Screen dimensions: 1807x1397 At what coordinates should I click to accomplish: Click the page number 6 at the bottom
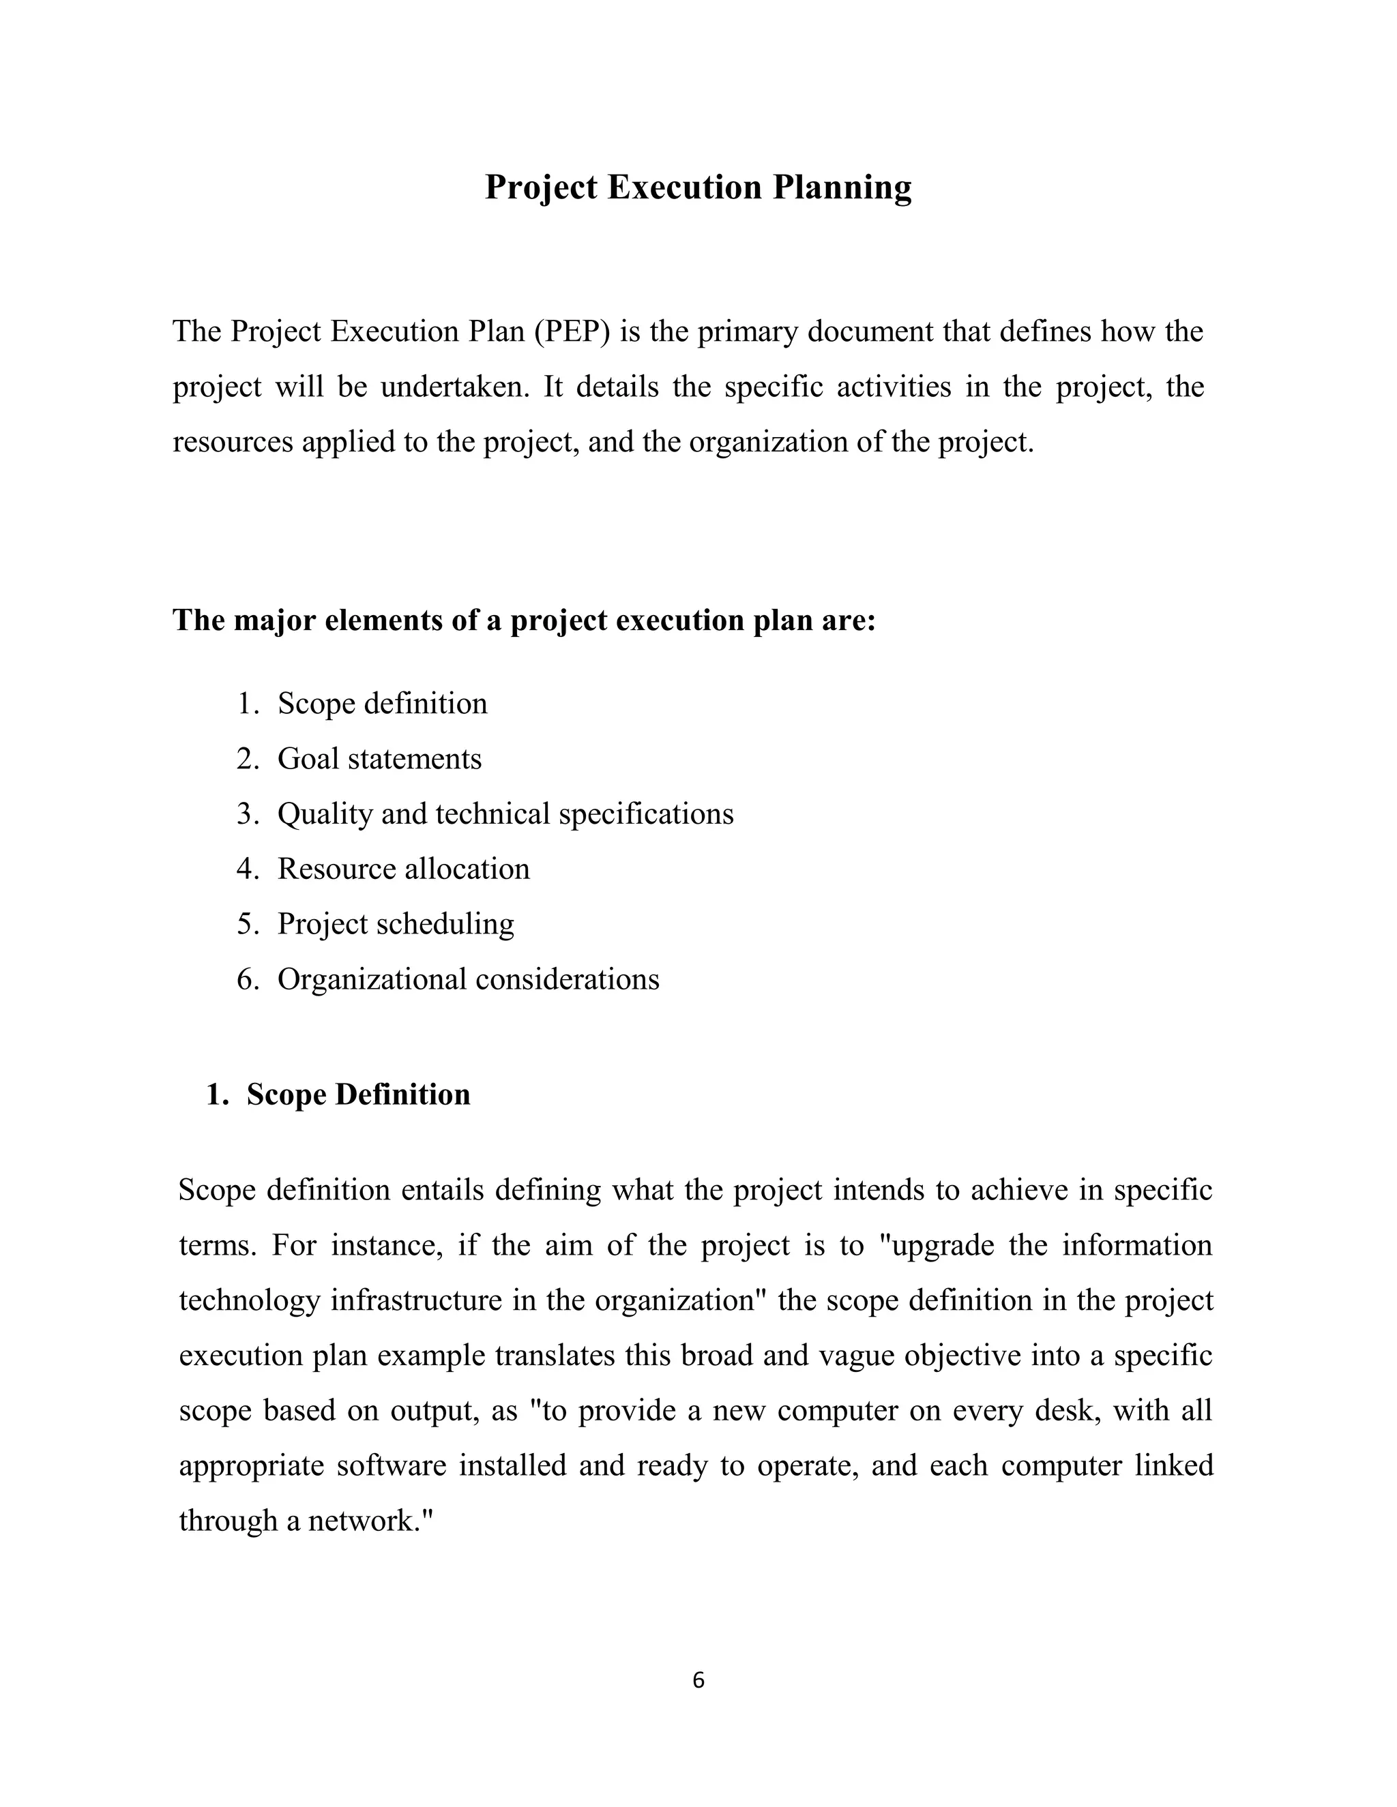pyautogui.click(x=698, y=1680)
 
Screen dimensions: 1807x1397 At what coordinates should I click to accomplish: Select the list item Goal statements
pyautogui.click(x=379, y=759)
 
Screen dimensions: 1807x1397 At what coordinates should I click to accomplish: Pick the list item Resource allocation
pyautogui.click(x=403, y=869)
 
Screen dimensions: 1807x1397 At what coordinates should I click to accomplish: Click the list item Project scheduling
pyautogui.click(x=396, y=924)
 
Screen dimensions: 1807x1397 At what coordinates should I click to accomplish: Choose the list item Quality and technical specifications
pyautogui.click(x=505, y=814)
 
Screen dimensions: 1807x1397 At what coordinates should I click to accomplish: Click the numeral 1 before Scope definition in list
pyautogui.click(x=245, y=704)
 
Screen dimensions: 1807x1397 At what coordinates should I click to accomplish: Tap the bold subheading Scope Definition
pyautogui.click(x=357, y=1094)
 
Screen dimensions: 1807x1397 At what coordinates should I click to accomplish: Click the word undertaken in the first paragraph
pyautogui.click(x=454, y=387)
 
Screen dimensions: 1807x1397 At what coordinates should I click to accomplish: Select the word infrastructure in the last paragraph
pyautogui.click(x=416, y=1300)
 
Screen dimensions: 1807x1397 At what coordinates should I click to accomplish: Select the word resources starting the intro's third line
pyautogui.click(x=233, y=443)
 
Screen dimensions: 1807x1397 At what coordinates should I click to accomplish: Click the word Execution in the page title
pyautogui.click(x=683, y=188)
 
